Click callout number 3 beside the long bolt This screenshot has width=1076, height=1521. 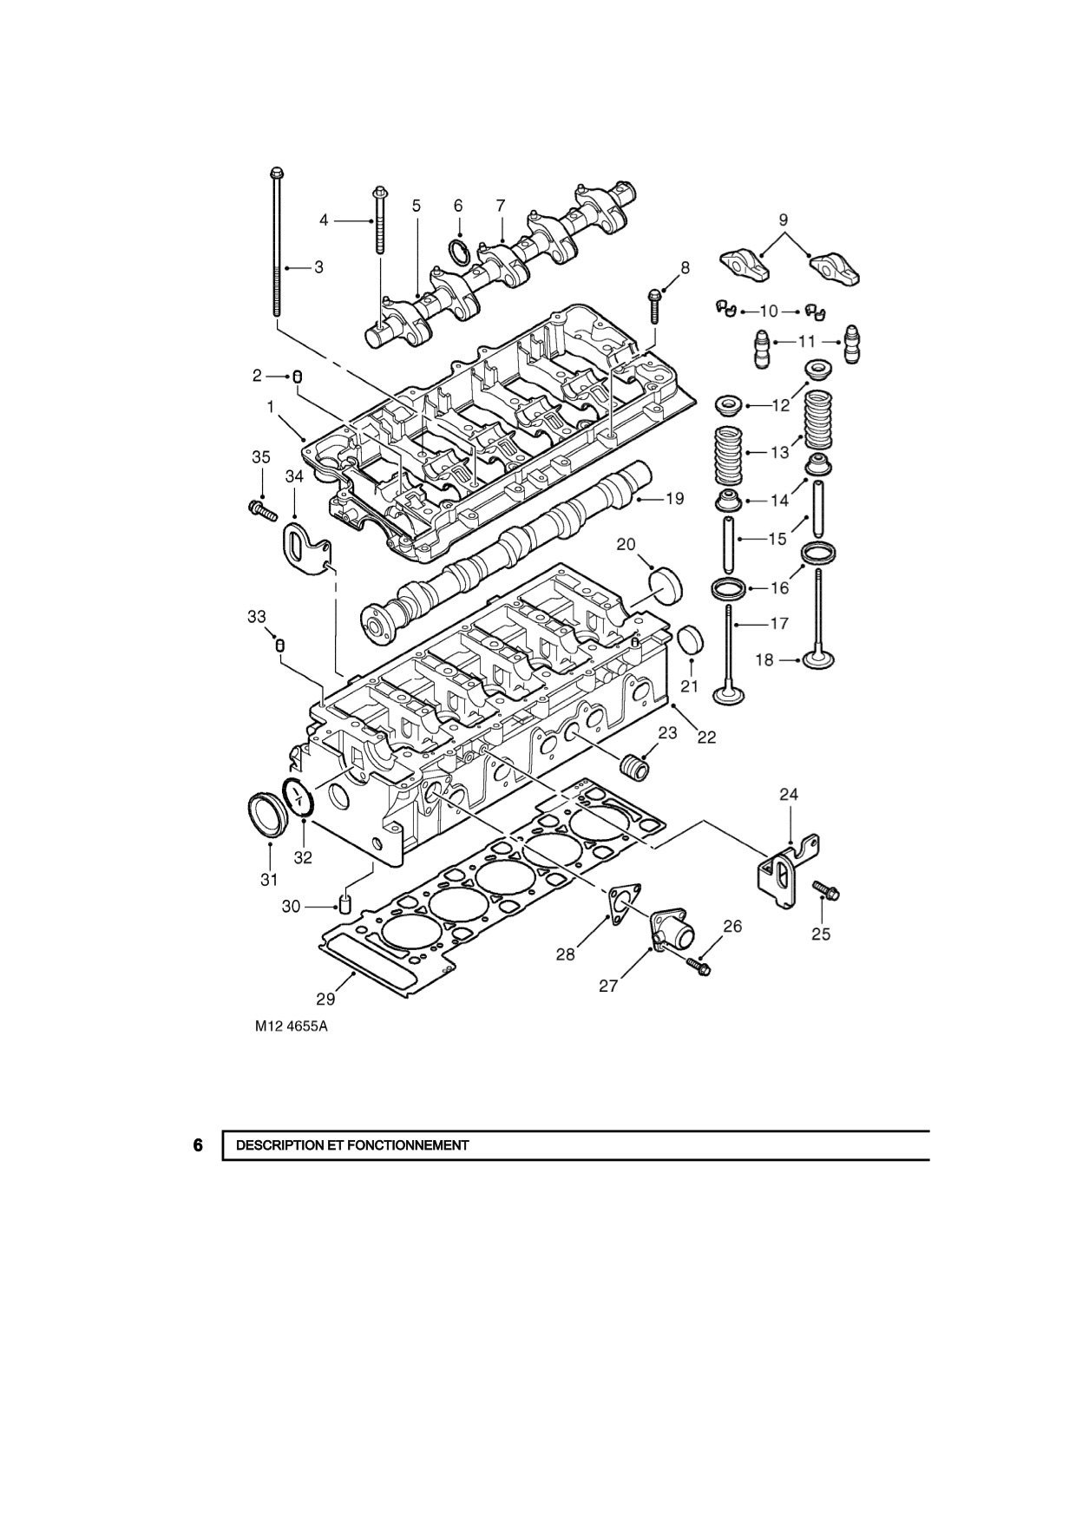[x=319, y=267]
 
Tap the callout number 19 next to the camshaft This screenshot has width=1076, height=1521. [x=674, y=498]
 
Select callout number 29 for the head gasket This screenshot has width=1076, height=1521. [x=326, y=999]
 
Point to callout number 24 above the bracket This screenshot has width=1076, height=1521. [x=789, y=794]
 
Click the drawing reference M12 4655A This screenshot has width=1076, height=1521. [x=292, y=1027]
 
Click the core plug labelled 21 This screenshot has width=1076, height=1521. [x=690, y=640]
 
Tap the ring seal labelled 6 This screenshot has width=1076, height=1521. [x=460, y=252]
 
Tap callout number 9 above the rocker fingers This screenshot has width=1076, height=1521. [x=784, y=219]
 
